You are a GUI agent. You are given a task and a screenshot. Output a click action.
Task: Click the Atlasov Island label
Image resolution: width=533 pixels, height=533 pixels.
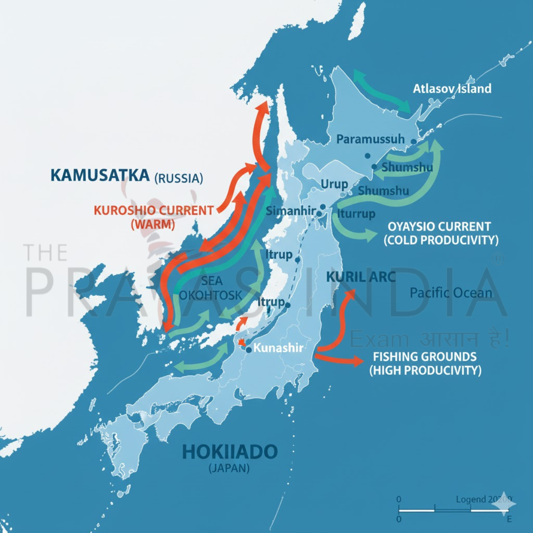tap(452, 89)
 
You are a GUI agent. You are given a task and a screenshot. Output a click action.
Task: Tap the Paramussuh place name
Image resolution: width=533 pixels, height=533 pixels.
tap(370, 139)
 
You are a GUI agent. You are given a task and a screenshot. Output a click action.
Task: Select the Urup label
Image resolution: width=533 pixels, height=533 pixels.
tap(334, 184)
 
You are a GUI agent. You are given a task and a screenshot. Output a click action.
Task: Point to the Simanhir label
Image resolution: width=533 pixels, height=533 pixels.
tap(290, 211)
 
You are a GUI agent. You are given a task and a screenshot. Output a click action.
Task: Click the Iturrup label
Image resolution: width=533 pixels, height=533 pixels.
tap(356, 214)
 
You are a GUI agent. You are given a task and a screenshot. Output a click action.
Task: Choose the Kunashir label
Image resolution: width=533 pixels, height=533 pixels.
tap(278, 348)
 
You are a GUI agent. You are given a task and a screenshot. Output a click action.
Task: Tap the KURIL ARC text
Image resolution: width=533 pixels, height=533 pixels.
tap(361, 277)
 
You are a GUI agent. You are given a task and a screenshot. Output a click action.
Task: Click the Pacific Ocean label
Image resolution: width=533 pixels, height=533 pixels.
tap(451, 293)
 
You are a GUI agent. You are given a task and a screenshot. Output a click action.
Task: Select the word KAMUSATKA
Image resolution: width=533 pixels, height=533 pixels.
tap(99, 175)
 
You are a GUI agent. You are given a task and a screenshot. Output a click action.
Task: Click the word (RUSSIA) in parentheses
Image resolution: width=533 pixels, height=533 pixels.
tap(179, 179)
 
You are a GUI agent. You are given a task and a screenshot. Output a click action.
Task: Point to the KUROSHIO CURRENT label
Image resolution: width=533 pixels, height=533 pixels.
tap(153, 211)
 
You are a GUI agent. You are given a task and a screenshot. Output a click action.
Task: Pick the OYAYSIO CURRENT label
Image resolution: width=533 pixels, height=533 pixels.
tap(439, 227)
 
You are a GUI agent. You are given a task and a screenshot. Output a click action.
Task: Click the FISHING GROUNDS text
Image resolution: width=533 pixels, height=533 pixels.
tap(424, 357)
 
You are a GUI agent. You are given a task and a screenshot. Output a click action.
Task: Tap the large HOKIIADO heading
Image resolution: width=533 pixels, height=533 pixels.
tap(230, 452)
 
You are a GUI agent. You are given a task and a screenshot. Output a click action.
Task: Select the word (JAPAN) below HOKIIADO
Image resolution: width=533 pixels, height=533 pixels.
tap(229, 468)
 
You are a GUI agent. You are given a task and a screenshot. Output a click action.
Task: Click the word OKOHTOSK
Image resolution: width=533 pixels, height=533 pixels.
tap(211, 295)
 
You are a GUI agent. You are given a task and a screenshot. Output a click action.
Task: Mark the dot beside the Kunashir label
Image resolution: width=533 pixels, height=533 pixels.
tap(249, 350)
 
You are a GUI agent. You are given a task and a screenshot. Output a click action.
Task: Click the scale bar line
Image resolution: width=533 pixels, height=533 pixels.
tap(453, 511)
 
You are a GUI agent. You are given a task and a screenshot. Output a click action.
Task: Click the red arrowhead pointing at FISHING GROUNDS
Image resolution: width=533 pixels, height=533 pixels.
tap(358, 361)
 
